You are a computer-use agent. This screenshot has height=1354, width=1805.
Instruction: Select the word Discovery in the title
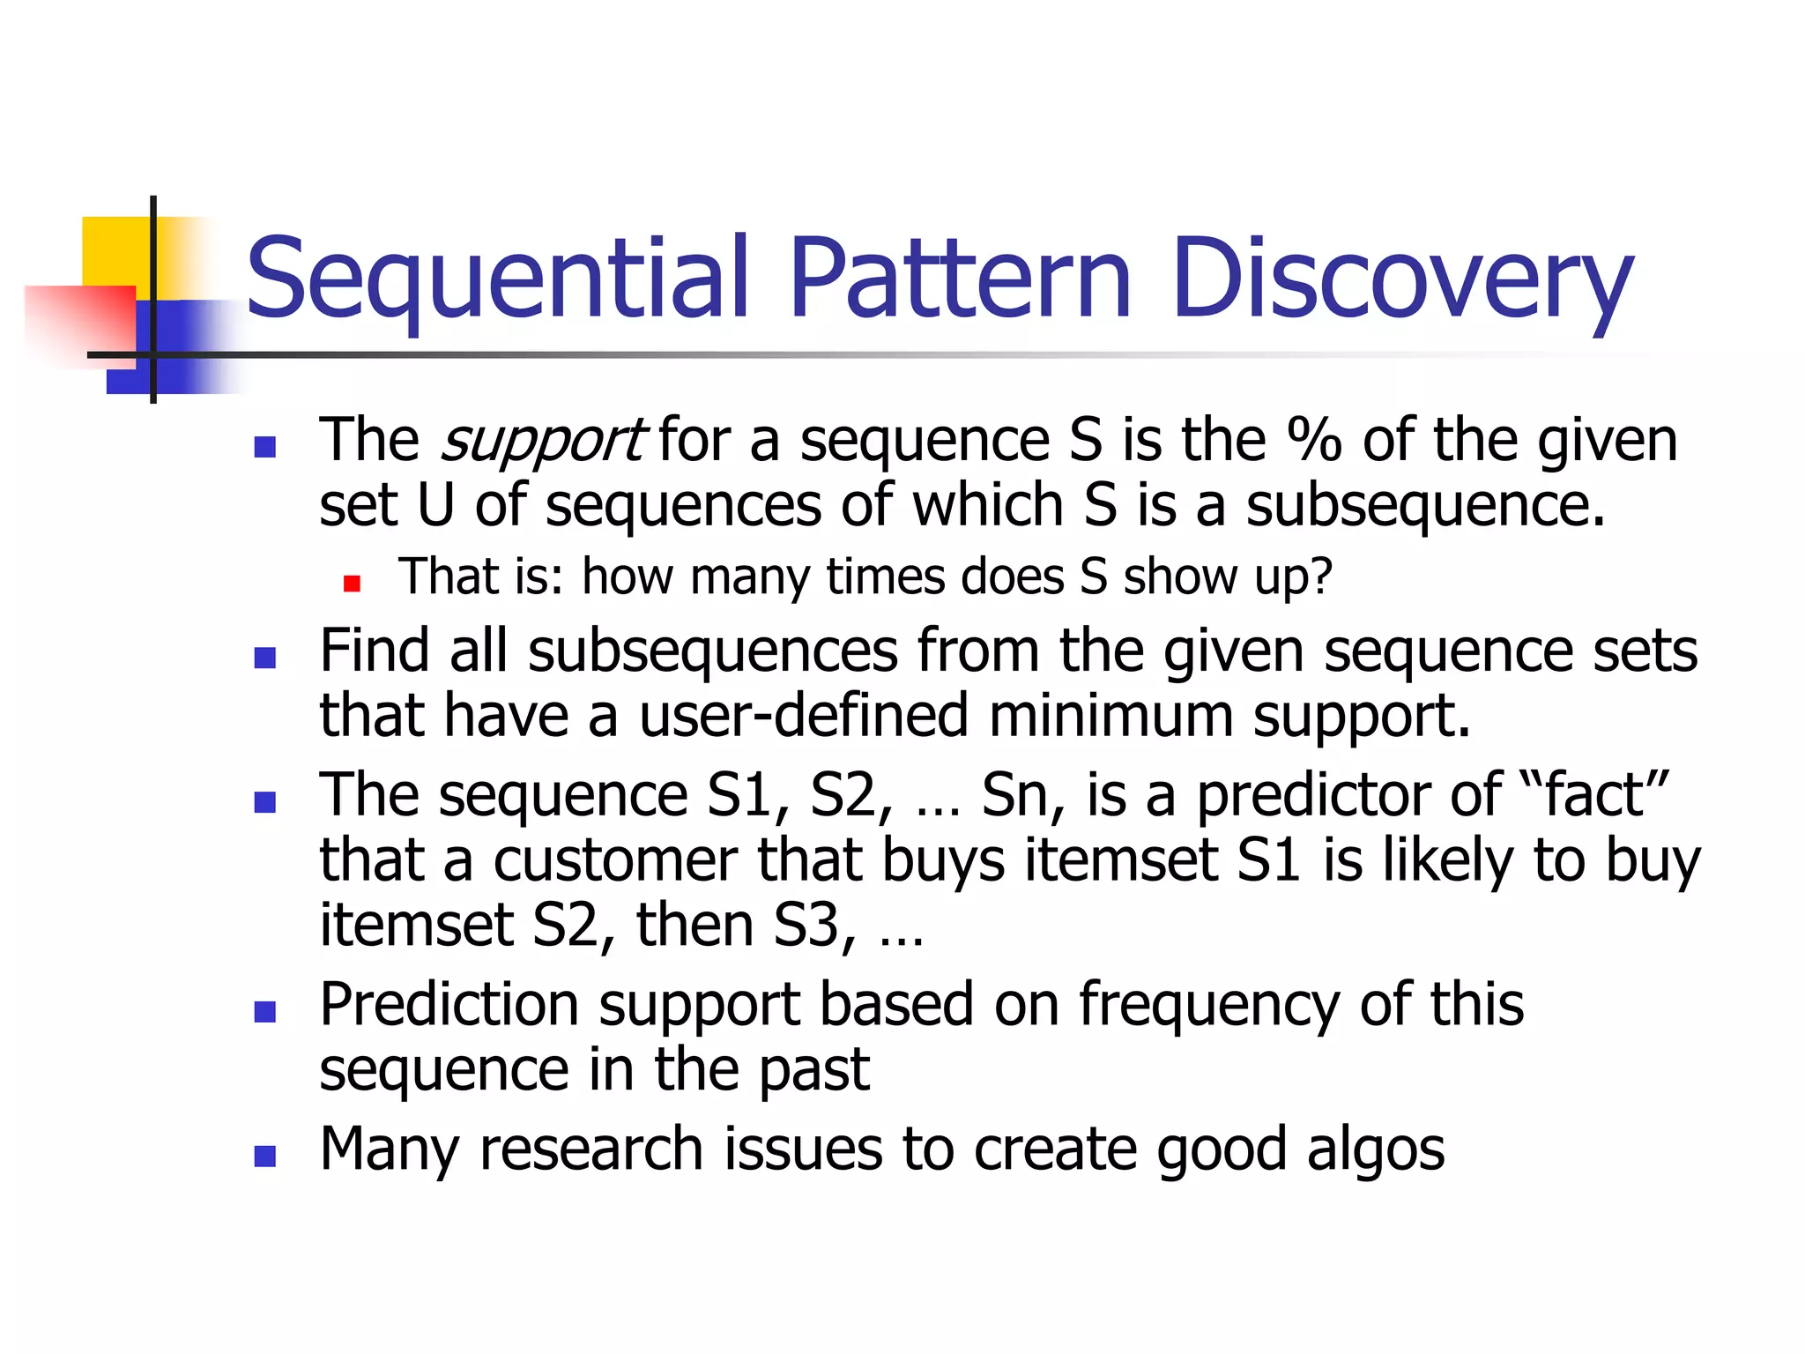[1402, 280]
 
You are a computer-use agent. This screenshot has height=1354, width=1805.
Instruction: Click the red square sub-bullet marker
[353, 584]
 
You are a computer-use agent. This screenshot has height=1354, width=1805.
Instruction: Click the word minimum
[1110, 715]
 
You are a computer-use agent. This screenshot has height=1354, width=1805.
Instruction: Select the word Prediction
[449, 1005]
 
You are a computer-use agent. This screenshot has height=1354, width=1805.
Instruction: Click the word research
[591, 1149]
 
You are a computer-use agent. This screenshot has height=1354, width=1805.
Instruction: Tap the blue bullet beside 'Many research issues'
[264, 1157]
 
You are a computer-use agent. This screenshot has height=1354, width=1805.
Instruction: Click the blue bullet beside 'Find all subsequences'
[264, 658]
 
